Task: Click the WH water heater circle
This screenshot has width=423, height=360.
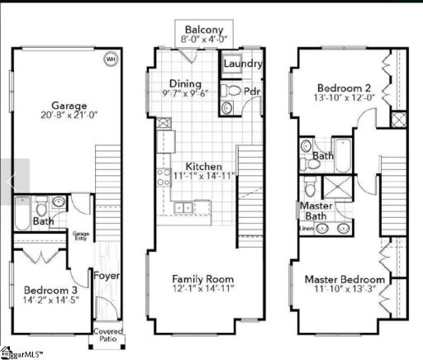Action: [110, 60]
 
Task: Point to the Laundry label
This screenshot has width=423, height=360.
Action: [243, 64]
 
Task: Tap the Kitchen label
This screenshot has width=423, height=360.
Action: [202, 166]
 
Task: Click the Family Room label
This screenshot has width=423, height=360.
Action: [203, 278]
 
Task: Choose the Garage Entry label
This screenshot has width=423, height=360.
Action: [81, 236]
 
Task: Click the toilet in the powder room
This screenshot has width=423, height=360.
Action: [234, 90]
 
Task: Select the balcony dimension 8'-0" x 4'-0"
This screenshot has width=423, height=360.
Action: [204, 39]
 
